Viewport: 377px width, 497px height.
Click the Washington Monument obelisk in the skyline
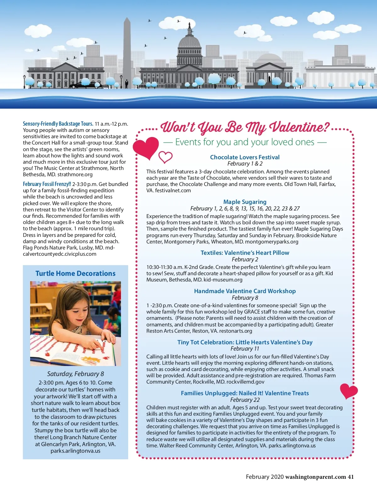[127, 50]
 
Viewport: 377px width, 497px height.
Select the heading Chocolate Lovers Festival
[245, 157]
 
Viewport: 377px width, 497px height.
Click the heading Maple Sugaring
[245, 202]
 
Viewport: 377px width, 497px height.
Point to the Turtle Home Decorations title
[75, 273]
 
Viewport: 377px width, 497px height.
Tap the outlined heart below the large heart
[165, 157]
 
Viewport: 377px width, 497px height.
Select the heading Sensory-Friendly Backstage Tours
[58, 124]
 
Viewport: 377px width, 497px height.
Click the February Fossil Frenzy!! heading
[47, 184]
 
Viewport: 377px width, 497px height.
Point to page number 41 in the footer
[351, 477]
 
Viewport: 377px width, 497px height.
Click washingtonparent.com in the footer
[315, 477]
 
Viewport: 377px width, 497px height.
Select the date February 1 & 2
[245, 164]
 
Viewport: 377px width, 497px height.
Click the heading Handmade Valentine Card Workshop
[245, 291]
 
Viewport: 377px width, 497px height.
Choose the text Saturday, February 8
[75, 374]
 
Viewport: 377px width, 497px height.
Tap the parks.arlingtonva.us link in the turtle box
[75, 451]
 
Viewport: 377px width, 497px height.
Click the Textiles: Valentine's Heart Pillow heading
[245, 253]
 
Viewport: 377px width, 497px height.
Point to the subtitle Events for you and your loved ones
[245, 142]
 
